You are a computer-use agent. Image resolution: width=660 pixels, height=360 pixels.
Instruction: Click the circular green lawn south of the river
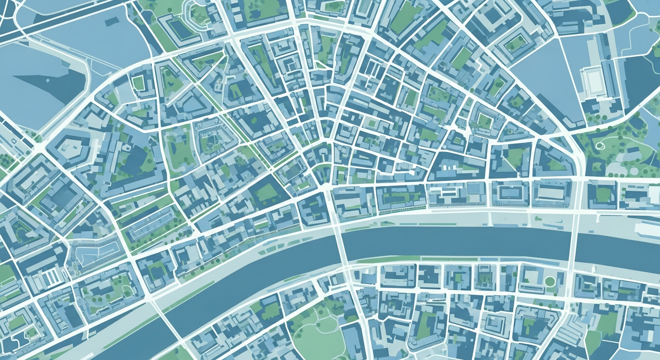(x=549, y=281)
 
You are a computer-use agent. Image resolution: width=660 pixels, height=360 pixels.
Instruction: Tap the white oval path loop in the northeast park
(x=600, y=145)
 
